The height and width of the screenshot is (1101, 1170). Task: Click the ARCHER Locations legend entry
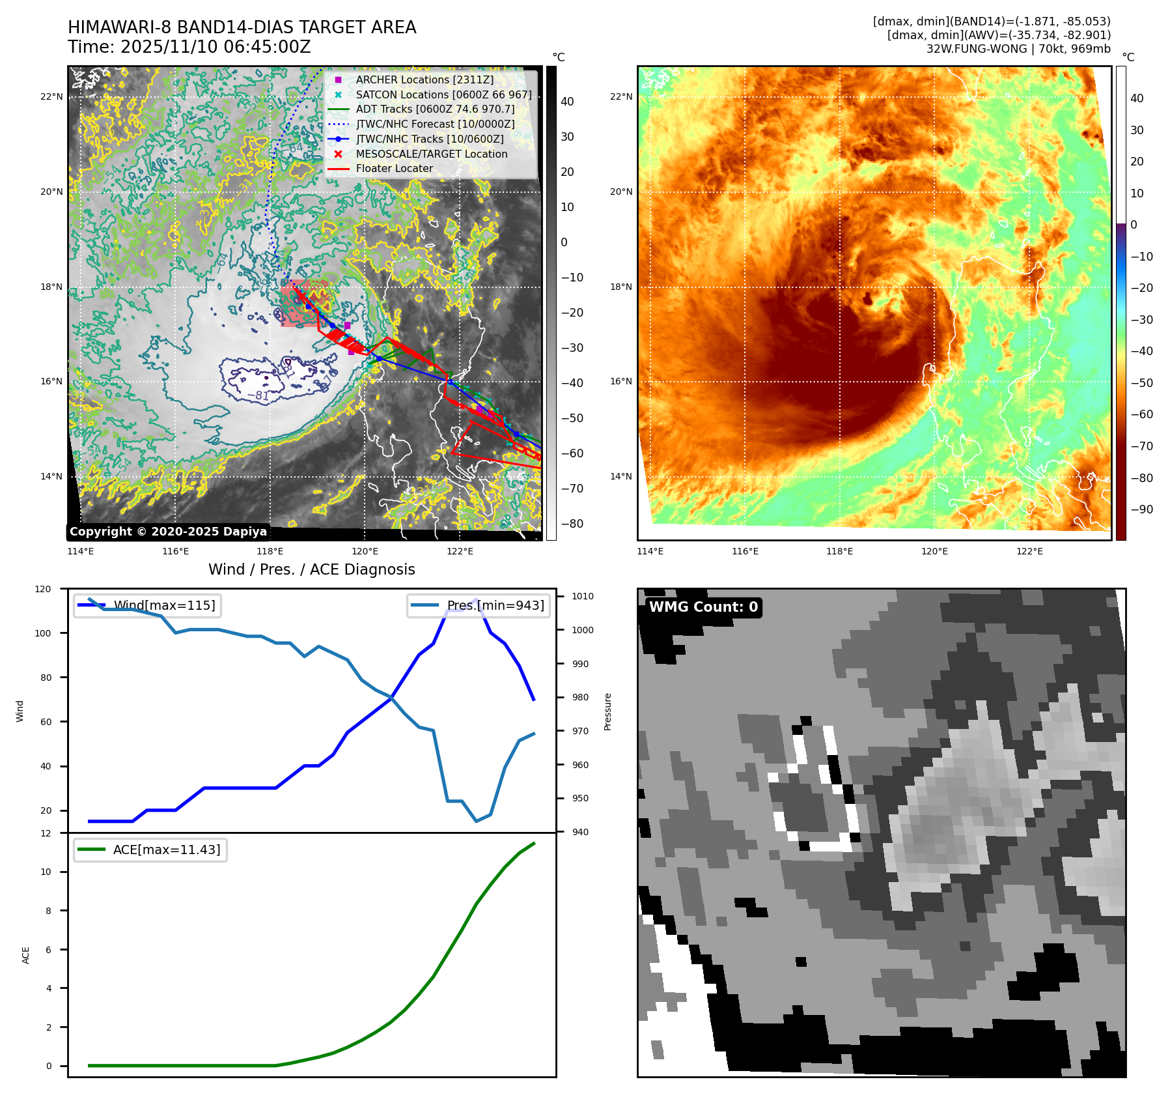425,79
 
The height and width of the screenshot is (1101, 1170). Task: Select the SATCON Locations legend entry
443,94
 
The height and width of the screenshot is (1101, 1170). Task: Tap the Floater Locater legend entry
394,168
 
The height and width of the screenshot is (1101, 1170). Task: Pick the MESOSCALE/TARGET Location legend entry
431,154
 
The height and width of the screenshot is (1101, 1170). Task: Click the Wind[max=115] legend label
164,605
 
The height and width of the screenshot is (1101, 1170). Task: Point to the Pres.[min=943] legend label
495,605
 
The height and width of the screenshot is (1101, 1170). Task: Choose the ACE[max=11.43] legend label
167,850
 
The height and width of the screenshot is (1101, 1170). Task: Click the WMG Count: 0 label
703,607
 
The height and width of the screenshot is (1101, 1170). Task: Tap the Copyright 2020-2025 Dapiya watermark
168,532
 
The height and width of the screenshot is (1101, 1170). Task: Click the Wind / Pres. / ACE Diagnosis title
311,569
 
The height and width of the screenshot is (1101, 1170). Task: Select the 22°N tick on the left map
51,97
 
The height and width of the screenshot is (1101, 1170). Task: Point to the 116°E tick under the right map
745,551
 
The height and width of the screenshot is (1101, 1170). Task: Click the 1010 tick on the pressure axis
582,596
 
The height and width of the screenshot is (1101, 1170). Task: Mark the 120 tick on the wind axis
43,589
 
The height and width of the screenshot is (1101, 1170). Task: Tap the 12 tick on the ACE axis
46,833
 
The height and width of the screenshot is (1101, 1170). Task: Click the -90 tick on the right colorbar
1141,509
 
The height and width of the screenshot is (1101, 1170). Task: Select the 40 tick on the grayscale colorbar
567,102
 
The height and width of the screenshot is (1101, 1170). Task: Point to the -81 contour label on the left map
258,395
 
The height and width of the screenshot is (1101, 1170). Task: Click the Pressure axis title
607,711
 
